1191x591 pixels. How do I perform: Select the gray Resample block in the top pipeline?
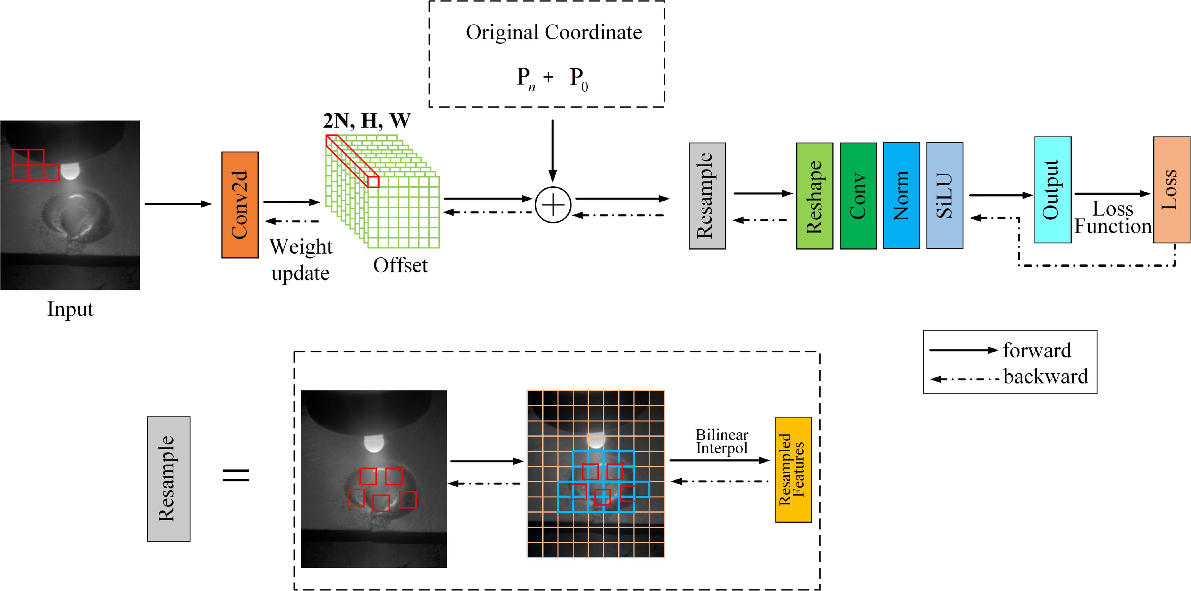(x=707, y=196)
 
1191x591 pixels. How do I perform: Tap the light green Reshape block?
(x=814, y=196)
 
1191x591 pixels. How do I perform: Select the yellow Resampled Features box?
(x=793, y=470)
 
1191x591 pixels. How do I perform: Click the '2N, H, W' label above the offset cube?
(x=366, y=121)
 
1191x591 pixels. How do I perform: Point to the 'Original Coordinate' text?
(x=553, y=32)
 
